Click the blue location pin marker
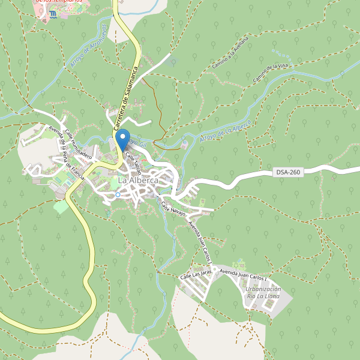click(x=122, y=139)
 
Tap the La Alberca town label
click(x=138, y=180)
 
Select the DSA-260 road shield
click(x=288, y=172)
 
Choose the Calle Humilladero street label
click(x=79, y=143)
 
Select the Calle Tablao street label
click(x=134, y=160)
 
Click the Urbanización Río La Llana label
click(x=263, y=296)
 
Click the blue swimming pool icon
click(x=54, y=13)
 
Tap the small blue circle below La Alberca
click(x=118, y=194)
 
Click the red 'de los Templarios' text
click(x=59, y=2)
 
